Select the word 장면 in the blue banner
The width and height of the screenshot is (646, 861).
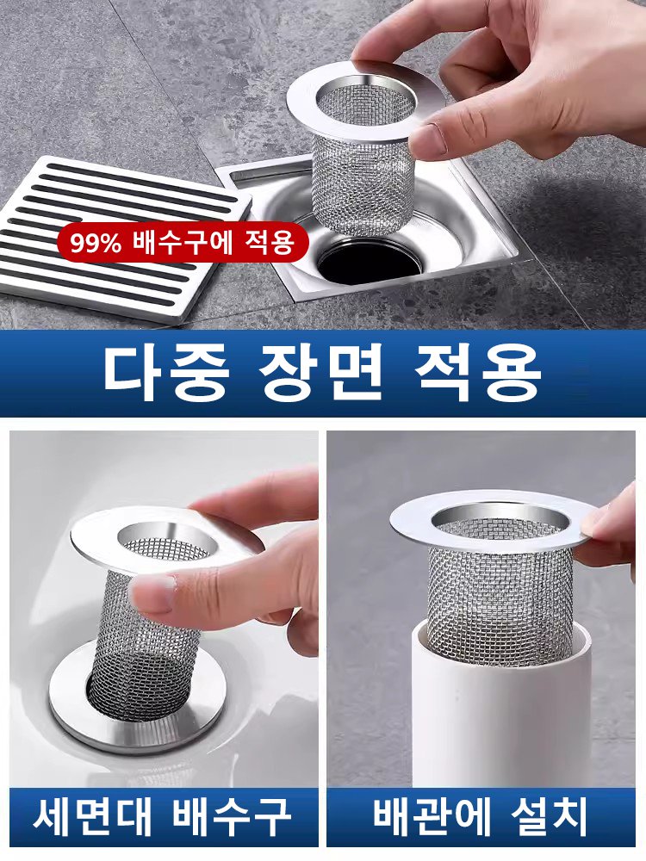click(320, 372)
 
